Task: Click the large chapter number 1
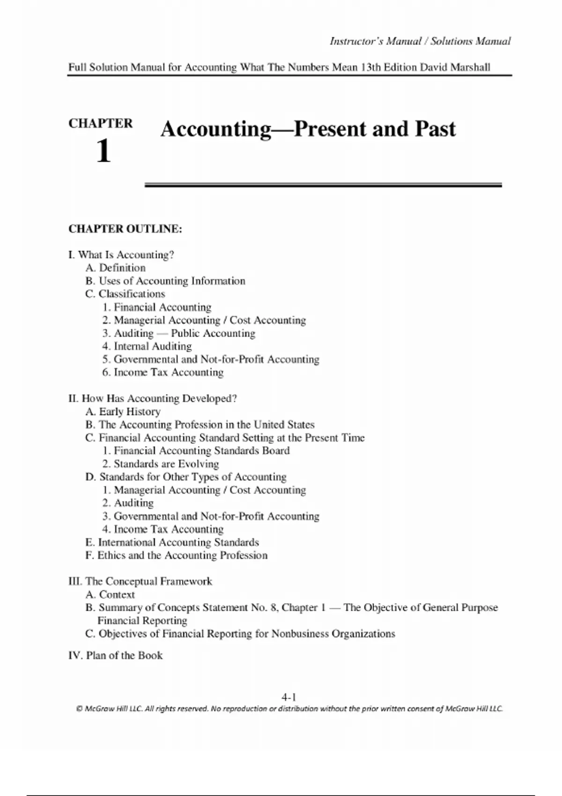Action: (x=104, y=151)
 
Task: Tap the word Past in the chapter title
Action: (x=435, y=129)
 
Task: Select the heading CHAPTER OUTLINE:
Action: (x=125, y=229)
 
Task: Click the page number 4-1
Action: (x=288, y=697)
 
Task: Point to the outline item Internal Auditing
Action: (x=153, y=346)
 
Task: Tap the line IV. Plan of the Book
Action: (x=115, y=656)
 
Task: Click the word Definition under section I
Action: (x=122, y=268)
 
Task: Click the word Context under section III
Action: (x=117, y=595)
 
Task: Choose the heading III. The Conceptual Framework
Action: (x=140, y=582)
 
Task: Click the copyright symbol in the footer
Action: (x=79, y=709)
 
